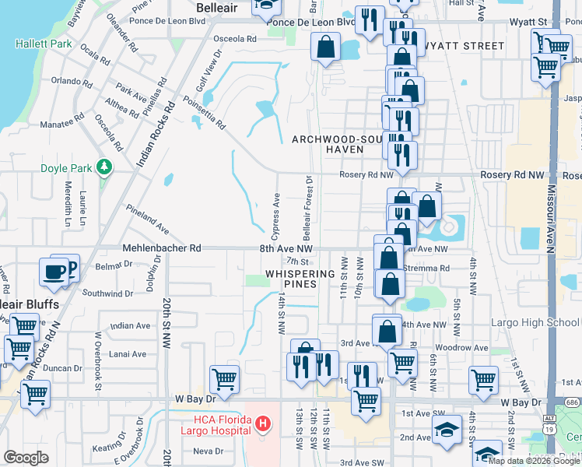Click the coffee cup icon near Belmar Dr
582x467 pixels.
click(x=54, y=272)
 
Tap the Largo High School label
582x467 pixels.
click(x=535, y=322)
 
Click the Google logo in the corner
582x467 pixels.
click(x=26, y=458)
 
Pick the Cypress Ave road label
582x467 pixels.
click(x=275, y=216)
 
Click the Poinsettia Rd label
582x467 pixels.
click(x=204, y=112)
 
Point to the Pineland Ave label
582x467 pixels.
click(x=148, y=219)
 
